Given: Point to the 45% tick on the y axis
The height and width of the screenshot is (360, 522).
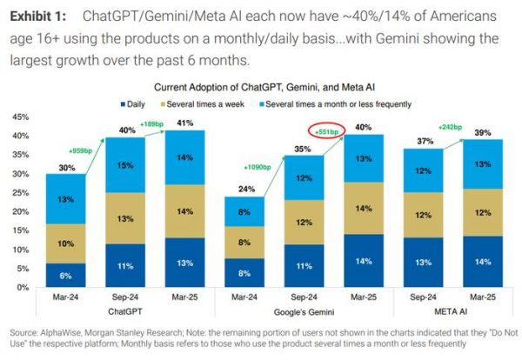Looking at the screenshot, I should click(19, 116).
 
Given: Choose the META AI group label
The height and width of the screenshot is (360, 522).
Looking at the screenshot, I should click(452, 310).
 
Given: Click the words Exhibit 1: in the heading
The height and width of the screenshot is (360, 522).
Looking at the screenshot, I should click(37, 17).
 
